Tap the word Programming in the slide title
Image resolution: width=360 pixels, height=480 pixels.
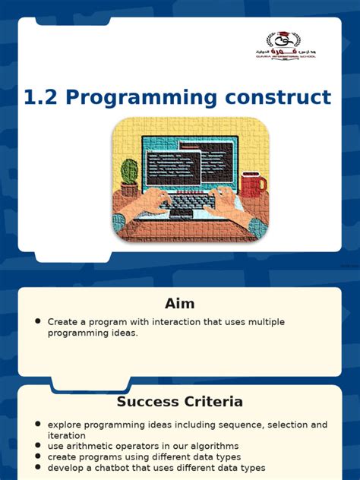pos(140,98)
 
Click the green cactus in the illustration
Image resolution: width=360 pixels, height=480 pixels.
pos(130,174)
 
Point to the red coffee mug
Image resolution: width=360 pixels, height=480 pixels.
pos(252,184)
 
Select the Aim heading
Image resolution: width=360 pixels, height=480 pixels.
pos(179,304)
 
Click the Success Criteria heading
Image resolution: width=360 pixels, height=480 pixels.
pos(179,401)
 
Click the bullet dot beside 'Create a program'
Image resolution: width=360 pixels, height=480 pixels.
pos(37,321)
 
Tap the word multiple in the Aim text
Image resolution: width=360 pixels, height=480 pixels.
pos(267,322)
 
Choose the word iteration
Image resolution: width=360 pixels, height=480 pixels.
pos(68,435)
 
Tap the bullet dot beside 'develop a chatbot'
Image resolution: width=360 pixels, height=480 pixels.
pos(37,468)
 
